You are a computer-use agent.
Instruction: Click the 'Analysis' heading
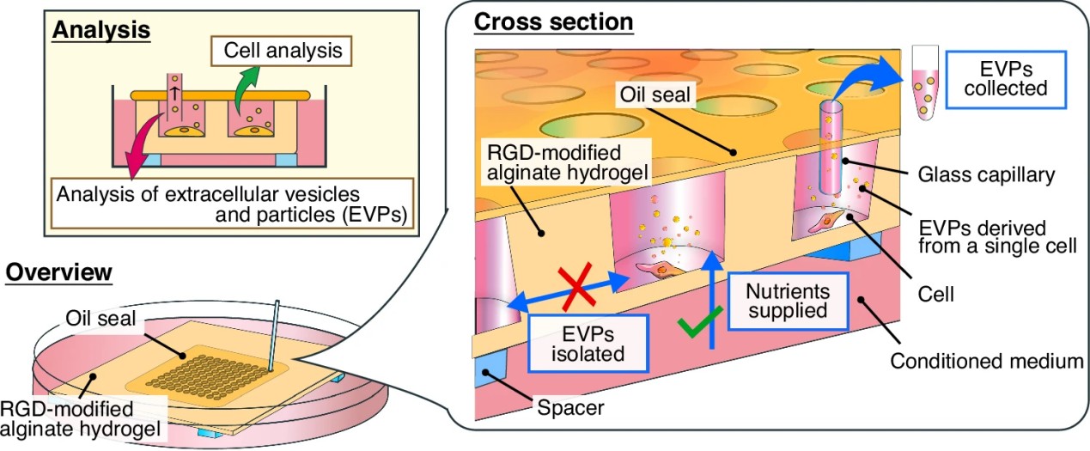(x=101, y=31)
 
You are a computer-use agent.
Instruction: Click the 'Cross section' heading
(x=553, y=21)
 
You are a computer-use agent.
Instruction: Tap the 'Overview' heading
(x=59, y=273)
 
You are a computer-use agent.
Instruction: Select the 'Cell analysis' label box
(x=283, y=52)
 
